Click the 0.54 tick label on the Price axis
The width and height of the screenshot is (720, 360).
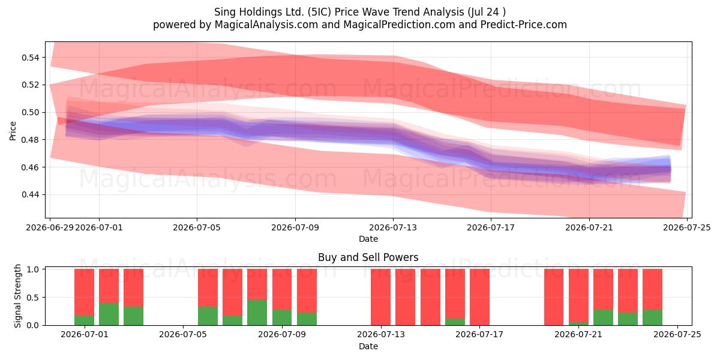(x=30, y=58)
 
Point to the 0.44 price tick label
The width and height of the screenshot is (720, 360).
(x=30, y=195)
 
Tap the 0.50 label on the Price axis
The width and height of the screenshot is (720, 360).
(x=30, y=113)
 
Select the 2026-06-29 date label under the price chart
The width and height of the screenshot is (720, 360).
(x=50, y=227)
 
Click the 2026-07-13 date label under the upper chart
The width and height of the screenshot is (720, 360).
(x=393, y=227)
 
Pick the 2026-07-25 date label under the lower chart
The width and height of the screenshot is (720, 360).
(x=677, y=334)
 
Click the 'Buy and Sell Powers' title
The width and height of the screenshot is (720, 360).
(x=368, y=257)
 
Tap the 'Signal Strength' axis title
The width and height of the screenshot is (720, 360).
(x=17, y=296)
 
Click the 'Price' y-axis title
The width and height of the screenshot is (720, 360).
(x=13, y=131)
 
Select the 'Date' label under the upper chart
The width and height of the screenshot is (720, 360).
(x=368, y=239)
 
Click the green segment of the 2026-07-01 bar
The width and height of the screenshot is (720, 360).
(x=84, y=320)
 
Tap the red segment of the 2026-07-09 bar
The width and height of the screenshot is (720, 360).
(x=307, y=290)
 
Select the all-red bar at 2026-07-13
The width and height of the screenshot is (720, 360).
(x=380, y=297)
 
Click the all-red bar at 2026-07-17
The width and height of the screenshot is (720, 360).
(x=479, y=297)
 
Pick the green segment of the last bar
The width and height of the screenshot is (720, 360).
(x=653, y=317)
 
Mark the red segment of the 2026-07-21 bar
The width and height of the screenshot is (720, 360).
(x=578, y=296)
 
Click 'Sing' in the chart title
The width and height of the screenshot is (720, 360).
(x=223, y=12)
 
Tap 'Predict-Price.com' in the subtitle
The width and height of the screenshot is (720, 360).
(x=524, y=25)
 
